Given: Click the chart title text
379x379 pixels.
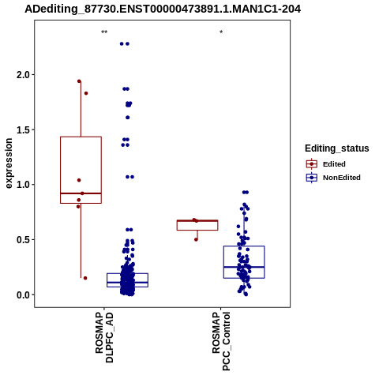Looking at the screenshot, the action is [x=163, y=9].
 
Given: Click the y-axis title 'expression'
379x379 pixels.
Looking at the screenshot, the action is [x=9, y=163].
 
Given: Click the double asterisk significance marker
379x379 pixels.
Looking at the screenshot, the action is [x=104, y=32].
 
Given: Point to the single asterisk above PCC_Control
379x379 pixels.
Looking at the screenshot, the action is [x=221, y=32].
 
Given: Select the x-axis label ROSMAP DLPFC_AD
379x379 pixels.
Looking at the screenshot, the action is [x=104, y=337].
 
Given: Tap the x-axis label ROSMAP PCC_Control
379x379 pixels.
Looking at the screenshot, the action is [x=221, y=341].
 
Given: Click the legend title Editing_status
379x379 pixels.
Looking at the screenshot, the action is [x=337, y=148].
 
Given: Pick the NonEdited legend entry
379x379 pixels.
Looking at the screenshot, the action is [x=333, y=178].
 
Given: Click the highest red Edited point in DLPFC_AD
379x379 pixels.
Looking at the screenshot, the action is [x=79, y=81].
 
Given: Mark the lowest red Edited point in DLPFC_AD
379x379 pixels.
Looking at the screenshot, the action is [x=85, y=278].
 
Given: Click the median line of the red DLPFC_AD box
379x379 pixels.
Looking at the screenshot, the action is [x=81, y=193].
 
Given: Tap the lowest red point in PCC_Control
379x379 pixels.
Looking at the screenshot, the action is [x=196, y=239].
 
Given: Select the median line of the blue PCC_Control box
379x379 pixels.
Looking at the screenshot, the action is [x=244, y=267].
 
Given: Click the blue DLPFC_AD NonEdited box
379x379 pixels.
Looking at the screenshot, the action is [x=127, y=274].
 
